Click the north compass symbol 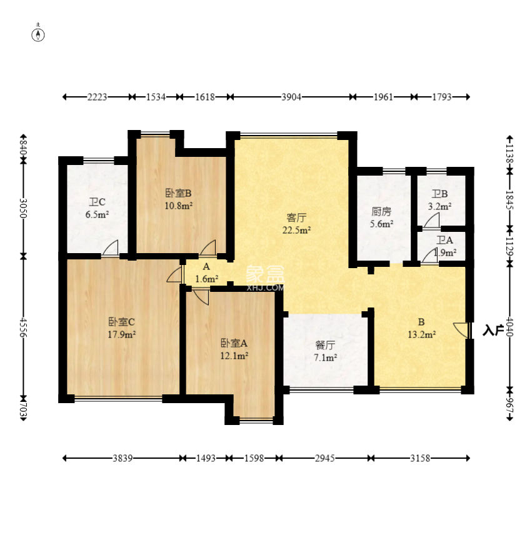[38, 34]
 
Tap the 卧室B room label [178, 193]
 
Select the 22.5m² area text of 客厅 [296, 230]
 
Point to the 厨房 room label [381, 211]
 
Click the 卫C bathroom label [97, 202]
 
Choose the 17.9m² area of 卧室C [122, 334]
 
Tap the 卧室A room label [234, 343]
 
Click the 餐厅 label [325, 345]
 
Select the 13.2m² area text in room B [421, 334]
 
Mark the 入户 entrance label [493, 331]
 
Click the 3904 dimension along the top [291, 97]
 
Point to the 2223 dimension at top [97, 97]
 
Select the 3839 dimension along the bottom [123, 458]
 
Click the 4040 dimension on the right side [509, 327]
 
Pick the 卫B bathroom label [439, 194]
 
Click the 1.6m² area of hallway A [206, 279]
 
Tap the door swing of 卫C [110, 247]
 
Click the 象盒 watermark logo [265, 274]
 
